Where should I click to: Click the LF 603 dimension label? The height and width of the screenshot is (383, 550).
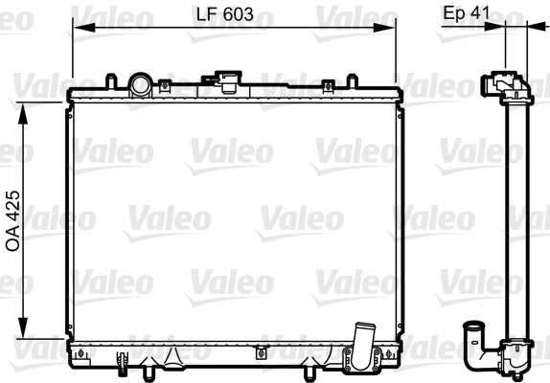[x=225, y=14]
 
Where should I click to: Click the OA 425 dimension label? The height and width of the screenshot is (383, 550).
[x=13, y=221]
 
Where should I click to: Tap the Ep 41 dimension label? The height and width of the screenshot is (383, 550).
[x=467, y=13]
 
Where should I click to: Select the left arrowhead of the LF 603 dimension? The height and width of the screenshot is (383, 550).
[x=83, y=28]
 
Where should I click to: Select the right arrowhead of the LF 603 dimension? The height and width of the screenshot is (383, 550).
[x=384, y=28]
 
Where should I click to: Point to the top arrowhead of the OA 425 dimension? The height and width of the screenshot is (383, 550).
[x=23, y=114]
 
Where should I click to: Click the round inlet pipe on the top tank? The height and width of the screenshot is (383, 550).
[x=140, y=84]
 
